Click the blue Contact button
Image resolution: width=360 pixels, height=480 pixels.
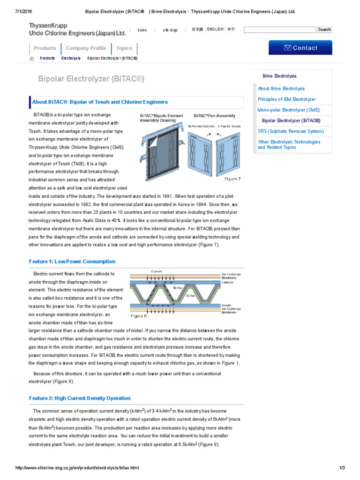pyautogui.click(x=300, y=48)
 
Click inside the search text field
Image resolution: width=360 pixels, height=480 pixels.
pyautogui.click(x=279, y=30)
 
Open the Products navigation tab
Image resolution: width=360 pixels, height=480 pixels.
pyautogui.click(x=45, y=48)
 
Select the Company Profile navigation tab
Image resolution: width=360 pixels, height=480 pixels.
pyautogui.click(x=86, y=48)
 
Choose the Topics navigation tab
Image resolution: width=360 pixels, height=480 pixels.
pyautogui.click(x=124, y=48)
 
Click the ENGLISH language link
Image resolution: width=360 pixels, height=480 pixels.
pyautogui.click(x=215, y=30)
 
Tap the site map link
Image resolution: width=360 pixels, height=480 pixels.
pyautogui.click(x=170, y=30)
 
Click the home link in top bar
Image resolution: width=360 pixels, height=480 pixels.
pyautogui.click(x=142, y=30)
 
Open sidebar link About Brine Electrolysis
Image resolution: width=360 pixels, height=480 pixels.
pyautogui.click(x=281, y=89)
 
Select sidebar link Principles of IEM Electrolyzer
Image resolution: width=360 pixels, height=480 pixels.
pyautogui.click(x=287, y=99)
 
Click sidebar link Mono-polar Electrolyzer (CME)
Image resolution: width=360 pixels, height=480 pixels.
pyautogui.click(x=289, y=110)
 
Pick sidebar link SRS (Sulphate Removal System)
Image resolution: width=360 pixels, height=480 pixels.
pyautogui.click(x=291, y=131)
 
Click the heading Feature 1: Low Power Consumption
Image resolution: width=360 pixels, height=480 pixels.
pyautogui.click(x=72, y=262)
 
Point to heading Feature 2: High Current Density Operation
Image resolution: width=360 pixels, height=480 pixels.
pyautogui.click(x=80, y=398)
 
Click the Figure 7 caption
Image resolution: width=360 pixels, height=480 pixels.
pyautogui.click(x=232, y=179)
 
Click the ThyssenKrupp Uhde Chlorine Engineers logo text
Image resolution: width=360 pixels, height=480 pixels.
pyautogui.click(x=78, y=30)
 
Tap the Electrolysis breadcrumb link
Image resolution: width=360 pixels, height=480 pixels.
pyautogui.click(x=71, y=59)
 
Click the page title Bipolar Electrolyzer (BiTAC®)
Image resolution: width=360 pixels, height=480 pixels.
pyautogui.click(x=91, y=79)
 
